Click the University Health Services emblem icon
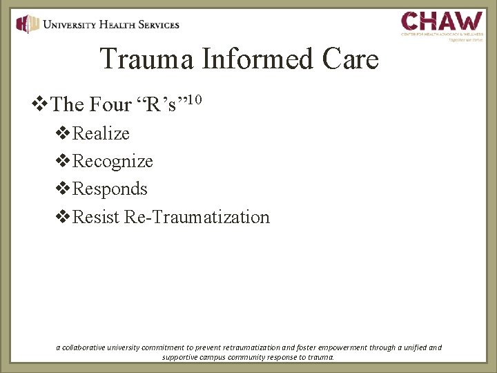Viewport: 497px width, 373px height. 28,24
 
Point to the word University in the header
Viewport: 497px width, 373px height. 72,25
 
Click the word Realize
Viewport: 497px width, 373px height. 101,133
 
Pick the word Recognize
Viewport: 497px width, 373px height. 113,162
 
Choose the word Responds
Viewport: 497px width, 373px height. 110,189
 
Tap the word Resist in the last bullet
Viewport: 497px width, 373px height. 97,218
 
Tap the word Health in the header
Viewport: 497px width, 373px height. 116,25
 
